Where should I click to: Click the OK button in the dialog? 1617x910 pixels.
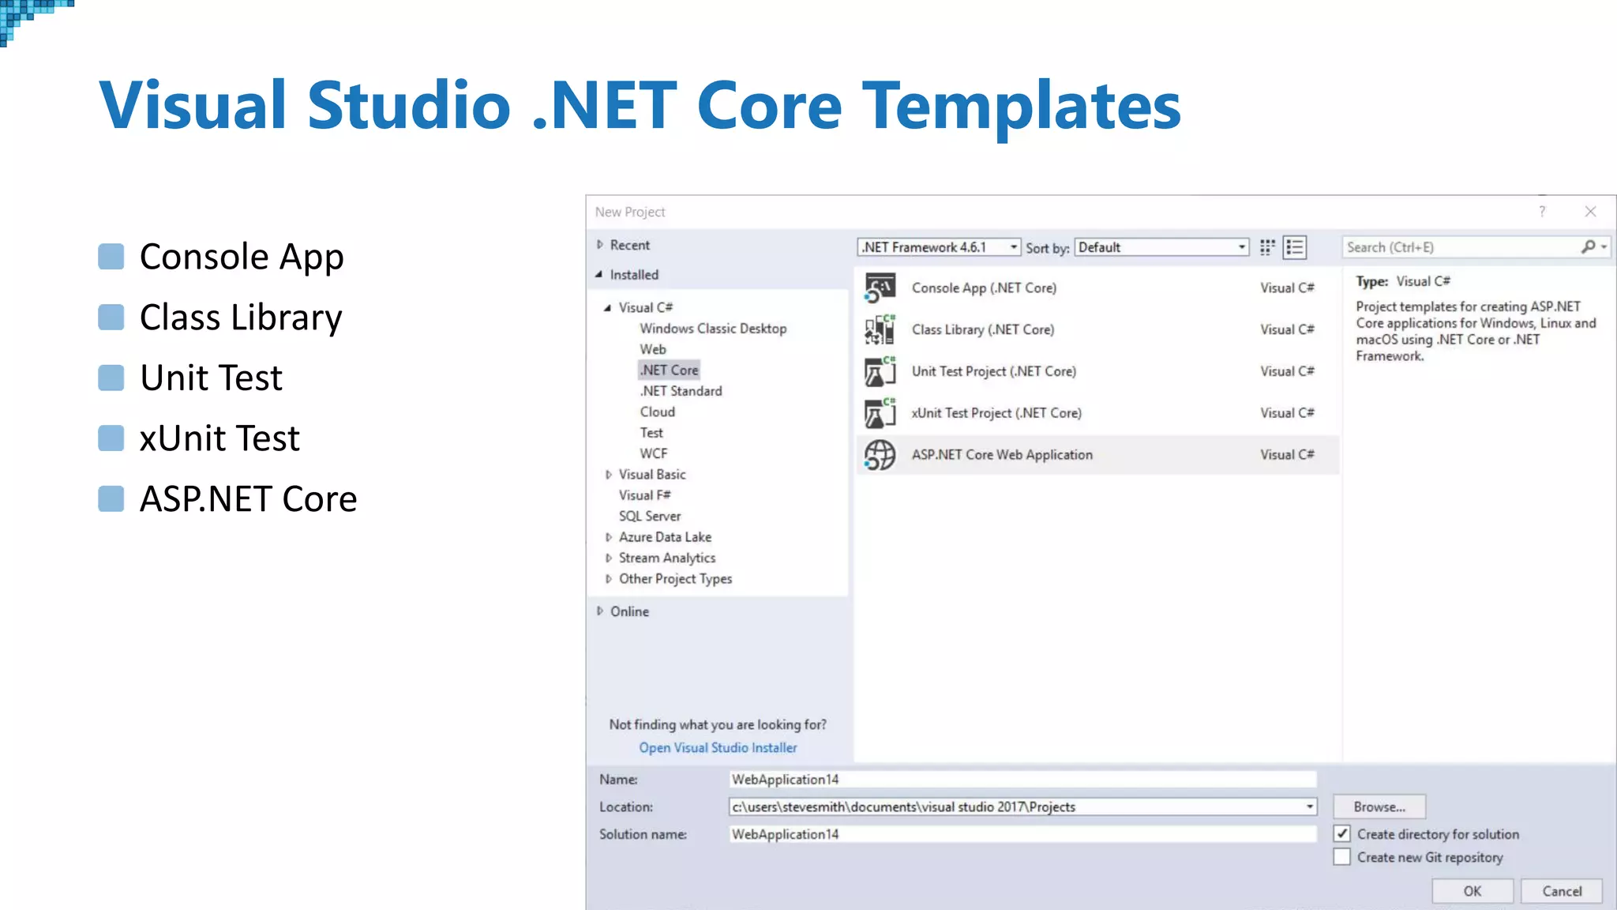click(1472, 891)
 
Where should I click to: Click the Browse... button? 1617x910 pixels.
click(1379, 807)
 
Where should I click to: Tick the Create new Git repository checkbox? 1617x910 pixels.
click(1342, 857)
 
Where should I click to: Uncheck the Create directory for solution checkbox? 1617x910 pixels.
click(1342, 833)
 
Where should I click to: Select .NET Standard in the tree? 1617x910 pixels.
click(681, 391)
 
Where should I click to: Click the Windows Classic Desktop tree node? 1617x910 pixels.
click(712, 329)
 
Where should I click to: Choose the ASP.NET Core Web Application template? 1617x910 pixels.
click(1002, 455)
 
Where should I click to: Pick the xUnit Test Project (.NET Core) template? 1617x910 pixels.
click(996, 413)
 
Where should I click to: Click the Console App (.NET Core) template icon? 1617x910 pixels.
click(880, 288)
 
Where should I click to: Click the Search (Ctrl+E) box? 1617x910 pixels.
click(1461, 247)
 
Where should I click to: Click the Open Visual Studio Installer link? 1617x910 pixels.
click(718, 747)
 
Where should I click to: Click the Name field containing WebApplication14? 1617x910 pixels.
click(1022, 780)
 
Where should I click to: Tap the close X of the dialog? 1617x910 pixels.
click(1590, 212)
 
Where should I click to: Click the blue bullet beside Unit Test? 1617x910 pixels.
click(111, 378)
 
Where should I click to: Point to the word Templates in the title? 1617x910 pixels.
click(1021, 105)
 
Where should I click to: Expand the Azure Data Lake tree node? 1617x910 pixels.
click(609, 537)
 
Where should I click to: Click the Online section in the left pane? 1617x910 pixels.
click(628, 611)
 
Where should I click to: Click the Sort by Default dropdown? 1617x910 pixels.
click(1161, 247)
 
